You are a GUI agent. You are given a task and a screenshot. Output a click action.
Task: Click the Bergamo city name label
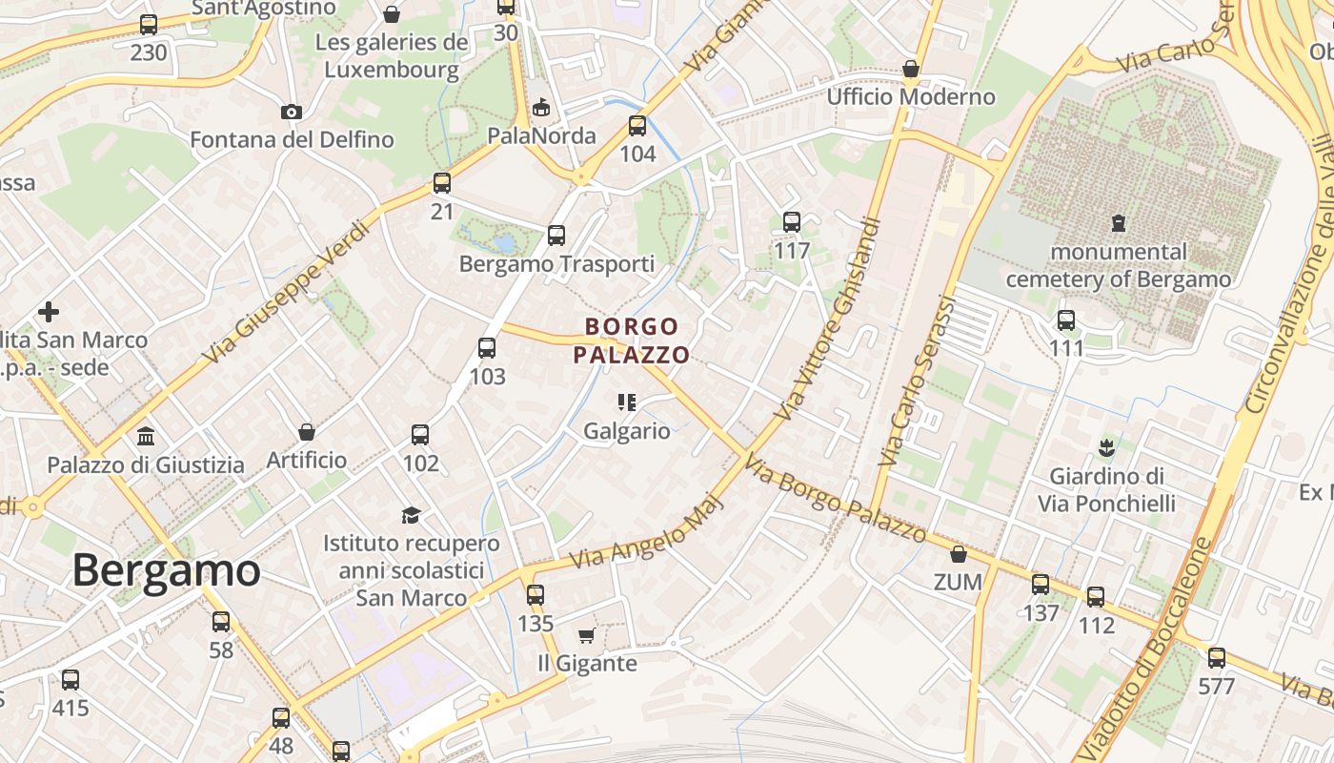[166, 570]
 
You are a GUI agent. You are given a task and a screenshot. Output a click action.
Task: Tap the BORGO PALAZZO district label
[631, 340]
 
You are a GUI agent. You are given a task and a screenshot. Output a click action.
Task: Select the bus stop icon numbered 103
[487, 348]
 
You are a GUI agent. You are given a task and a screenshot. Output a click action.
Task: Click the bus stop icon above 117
[792, 222]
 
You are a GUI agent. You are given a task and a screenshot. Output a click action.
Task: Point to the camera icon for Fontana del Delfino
[292, 112]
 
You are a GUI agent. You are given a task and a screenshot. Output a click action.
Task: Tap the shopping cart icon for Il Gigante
[586, 635]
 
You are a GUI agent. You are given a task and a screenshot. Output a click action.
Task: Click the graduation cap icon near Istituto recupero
[411, 515]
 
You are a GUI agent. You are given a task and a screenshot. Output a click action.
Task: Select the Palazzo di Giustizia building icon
[146, 437]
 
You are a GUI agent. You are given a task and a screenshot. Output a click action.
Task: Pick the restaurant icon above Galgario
[626, 402]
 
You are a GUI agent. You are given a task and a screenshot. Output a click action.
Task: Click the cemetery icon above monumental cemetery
[1119, 223]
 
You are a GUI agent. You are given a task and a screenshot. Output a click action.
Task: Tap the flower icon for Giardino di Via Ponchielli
[1106, 446]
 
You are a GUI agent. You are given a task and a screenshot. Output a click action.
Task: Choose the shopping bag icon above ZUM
[959, 554]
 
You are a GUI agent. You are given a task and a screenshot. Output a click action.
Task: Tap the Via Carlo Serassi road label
[917, 381]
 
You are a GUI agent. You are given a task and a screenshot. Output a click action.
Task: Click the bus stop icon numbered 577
[1216, 657]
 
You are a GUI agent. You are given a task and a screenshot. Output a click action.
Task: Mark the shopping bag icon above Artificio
[307, 432]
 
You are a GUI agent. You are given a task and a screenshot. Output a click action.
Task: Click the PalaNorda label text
[541, 135]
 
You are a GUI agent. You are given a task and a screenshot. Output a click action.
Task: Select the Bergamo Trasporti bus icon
[556, 235]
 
